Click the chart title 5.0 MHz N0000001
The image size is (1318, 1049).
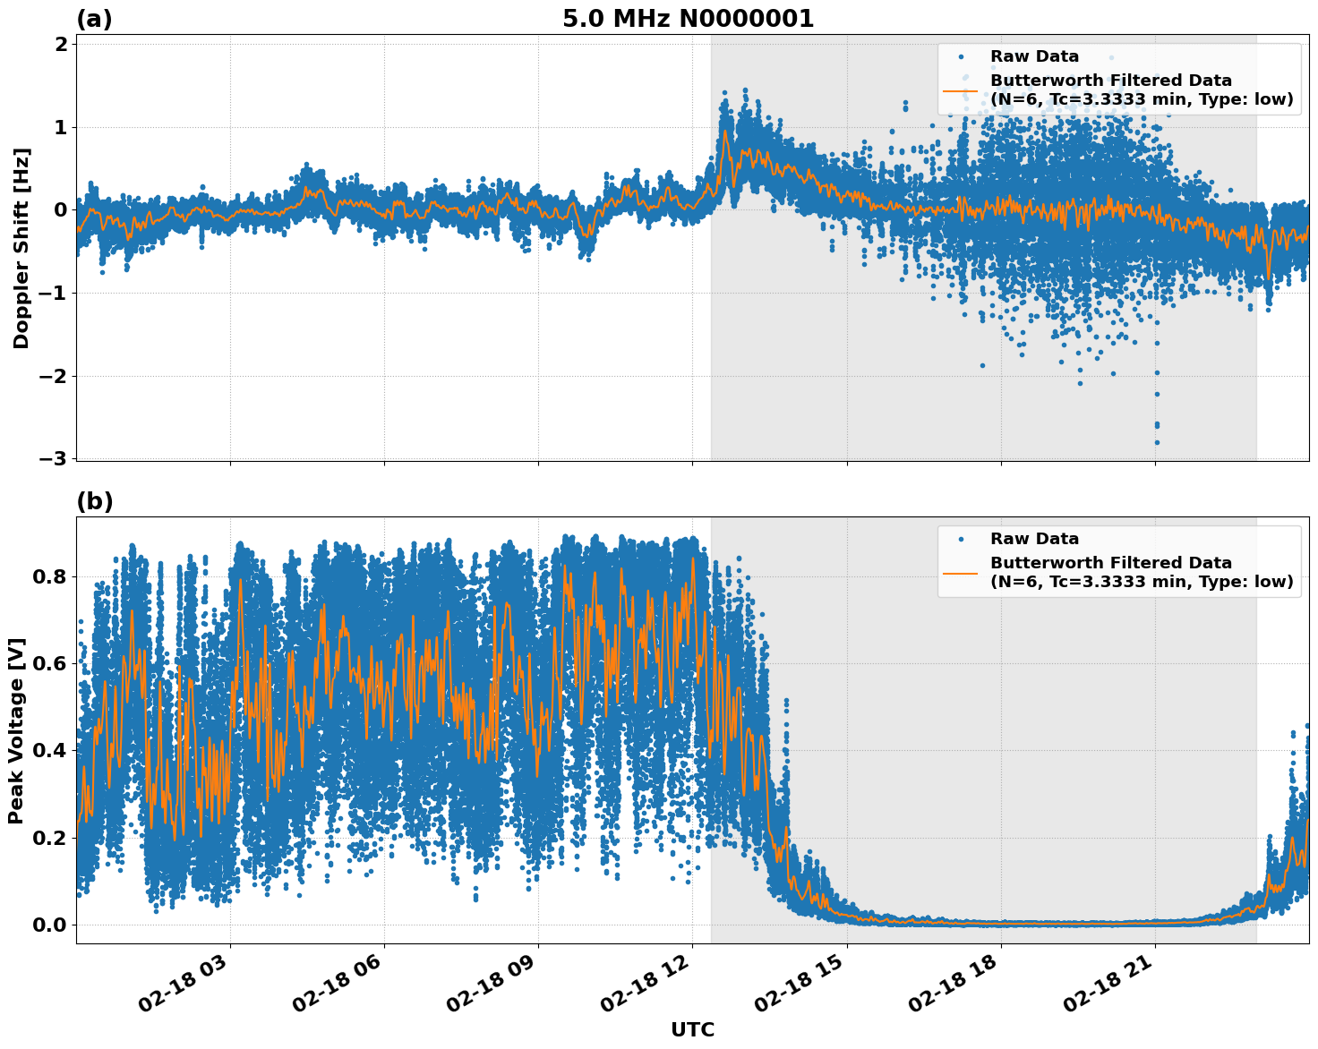pos(688,19)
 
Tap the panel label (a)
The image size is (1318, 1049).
pos(94,19)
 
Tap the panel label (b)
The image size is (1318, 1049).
pos(94,501)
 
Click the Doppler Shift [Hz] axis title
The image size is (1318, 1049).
pos(21,249)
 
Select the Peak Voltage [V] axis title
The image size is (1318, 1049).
pos(16,730)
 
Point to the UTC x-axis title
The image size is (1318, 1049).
pos(692,1029)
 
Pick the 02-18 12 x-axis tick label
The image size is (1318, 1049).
pos(644,989)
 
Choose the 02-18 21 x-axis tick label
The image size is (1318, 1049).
pos(1107,989)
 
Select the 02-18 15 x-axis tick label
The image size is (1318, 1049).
pos(799,989)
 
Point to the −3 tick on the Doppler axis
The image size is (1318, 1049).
pos(54,459)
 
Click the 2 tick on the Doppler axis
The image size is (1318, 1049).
pos(61,45)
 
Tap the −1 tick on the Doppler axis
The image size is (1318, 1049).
pos(54,294)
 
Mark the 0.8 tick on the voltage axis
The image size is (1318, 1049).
pos(49,576)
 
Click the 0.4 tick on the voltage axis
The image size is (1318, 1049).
pos(49,750)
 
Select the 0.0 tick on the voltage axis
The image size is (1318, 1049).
pos(49,925)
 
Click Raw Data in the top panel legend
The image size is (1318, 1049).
pos(1034,56)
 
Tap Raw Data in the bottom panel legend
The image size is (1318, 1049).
pos(1034,539)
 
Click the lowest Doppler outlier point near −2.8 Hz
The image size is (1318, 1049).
pos(1157,442)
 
